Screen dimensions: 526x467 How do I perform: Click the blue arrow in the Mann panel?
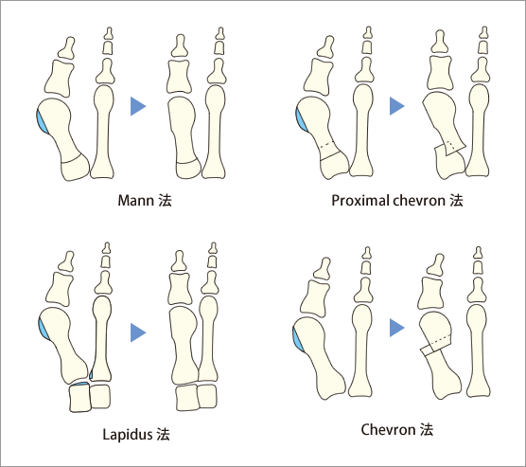click(x=137, y=106)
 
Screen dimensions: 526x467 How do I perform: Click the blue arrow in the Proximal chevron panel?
click(x=396, y=106)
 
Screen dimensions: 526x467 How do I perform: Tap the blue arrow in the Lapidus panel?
click(x=137, y=332)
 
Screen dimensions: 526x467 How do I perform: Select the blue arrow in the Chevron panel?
click(x=396, y=328)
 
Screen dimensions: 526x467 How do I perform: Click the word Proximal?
click(x=359, y=201)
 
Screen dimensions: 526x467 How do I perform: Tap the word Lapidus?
click(x=127, y=434)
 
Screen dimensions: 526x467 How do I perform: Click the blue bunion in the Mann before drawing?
click(x=42, y=121)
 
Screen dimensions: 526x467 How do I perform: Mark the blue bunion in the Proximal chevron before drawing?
click(x=302, y=119)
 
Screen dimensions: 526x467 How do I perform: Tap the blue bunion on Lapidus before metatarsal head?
click(x=43, y=330)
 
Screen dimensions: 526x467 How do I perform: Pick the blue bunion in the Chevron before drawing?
click(x=297, y=340)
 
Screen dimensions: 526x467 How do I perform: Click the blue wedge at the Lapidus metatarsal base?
click(x=80, y=384)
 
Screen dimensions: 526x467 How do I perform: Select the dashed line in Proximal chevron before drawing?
click(x=326, y=145)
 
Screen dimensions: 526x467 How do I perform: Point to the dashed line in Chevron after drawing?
click(x=439, y=339)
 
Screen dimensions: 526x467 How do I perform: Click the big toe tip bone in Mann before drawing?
click(x=67, y=47)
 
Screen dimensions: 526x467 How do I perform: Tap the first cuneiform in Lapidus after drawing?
click(x=187, y=398)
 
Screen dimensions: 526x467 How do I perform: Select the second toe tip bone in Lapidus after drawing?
click(x=212, y=248)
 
